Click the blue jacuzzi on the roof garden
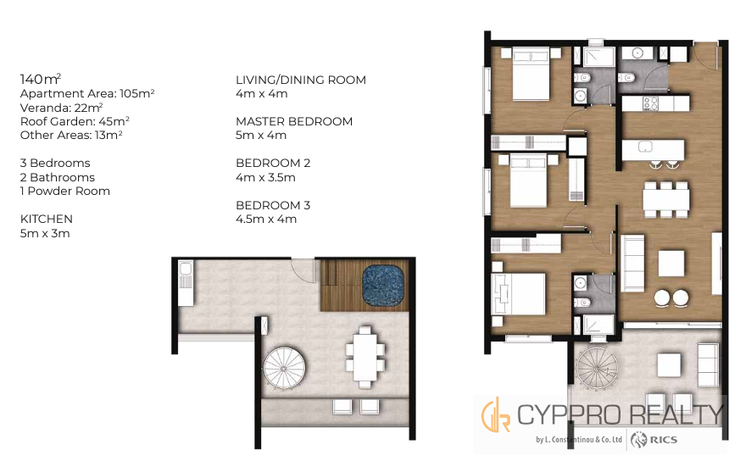tap(383, 286)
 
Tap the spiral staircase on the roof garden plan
tap(284, 368)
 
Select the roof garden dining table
tap(365, 357)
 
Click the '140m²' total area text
tap(41, 78)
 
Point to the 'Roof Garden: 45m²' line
tap(75, 121)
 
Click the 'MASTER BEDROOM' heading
tap(294, 121)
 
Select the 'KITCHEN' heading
tap(47, 219)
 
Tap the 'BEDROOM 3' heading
tap(273, 205)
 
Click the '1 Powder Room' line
tap(65, 191)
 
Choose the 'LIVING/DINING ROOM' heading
tap(301, 80)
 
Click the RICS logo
tap(654, 440)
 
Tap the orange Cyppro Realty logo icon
tap(496, 414)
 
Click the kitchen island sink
tap(645, 147)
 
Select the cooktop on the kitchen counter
tap(651, 103)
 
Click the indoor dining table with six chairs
tap(666, 199)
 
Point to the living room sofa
tap(633, 264)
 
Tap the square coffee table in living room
tap(671, 264)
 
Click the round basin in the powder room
tap(637, 53)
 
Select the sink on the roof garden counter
tap(186, 269)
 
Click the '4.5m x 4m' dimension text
tap(266, 219)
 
